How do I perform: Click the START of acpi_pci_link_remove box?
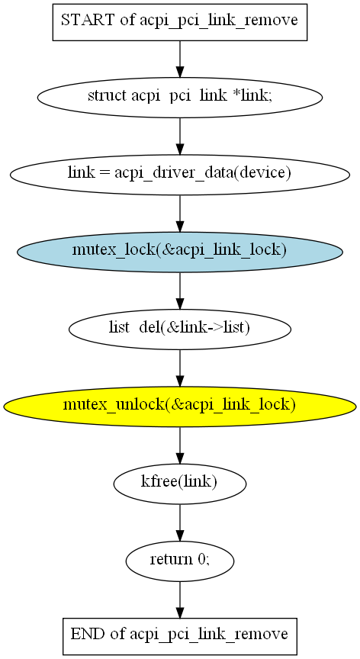tap(180, 22)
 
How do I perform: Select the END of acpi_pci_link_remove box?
tap(180, 636)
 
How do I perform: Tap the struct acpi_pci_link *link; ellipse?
tap(180, 97)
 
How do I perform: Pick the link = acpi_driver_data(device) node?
tap(180, 175)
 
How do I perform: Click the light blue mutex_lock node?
tap(180, 252)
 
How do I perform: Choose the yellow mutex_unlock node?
tap(180, 407)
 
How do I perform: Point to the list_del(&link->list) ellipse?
tap(180, 329)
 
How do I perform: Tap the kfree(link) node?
tap(180, 484)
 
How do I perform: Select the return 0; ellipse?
tap(180, 561)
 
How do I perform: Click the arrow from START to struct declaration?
tap(180, 59)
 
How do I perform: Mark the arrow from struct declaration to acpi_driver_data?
tap(180, 137)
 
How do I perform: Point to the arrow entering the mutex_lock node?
tap(180, 214)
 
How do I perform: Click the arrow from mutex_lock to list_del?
tap(180, 291)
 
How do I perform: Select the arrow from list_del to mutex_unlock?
tap(180, 368)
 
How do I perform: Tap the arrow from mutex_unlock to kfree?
tap(180, 445)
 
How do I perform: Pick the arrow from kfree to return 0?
tap(180, 522)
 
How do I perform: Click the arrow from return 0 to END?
tap(180, 600)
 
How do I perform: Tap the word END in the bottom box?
tap(88, 634)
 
